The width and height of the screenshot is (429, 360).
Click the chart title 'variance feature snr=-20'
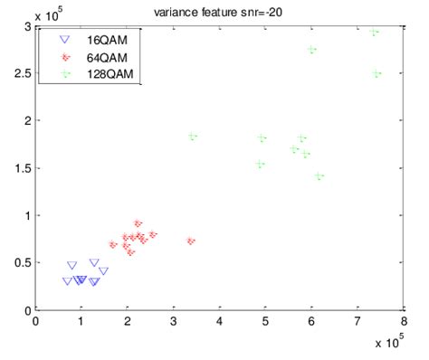coord(217,10)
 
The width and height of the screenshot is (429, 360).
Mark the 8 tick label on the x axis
coord(404,320)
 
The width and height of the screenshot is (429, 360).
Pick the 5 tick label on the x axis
coord(265,320)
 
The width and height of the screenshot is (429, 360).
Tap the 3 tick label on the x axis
coord(173,320)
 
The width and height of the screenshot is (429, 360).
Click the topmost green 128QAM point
coord(375,33)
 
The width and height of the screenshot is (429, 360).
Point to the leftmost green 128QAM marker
coord(192,137)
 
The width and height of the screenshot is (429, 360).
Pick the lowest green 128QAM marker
coord(318,176)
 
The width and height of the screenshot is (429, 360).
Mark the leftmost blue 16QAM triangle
coord(67,281)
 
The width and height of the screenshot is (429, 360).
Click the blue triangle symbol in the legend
coord(62,41)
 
